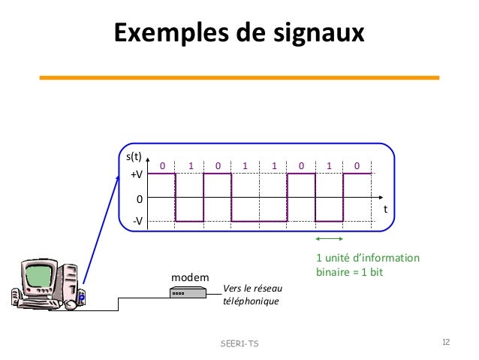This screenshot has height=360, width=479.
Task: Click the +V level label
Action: (137, 174)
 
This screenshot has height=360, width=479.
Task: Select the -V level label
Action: (137, 222)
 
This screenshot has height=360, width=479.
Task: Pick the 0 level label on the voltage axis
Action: (139, 199)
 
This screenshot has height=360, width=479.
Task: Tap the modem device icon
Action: (184, 293)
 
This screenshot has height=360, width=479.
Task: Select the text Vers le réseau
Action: (252, 289)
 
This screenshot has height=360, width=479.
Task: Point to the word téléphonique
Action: (251, 301)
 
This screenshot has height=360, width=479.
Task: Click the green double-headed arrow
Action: (329, 239)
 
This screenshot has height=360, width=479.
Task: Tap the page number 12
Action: (446, 343)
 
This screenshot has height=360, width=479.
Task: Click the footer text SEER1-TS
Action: (238, 343)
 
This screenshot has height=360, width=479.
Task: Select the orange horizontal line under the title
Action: (239, 77)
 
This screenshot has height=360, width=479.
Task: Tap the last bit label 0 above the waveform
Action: (357, 165)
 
